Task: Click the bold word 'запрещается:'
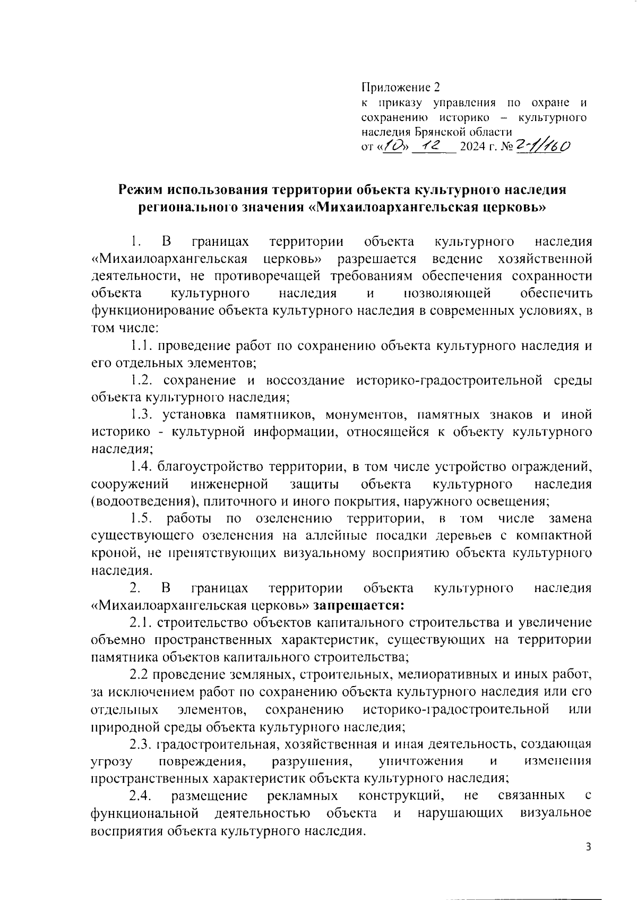[359, 605]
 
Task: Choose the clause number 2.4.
[141, 795]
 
